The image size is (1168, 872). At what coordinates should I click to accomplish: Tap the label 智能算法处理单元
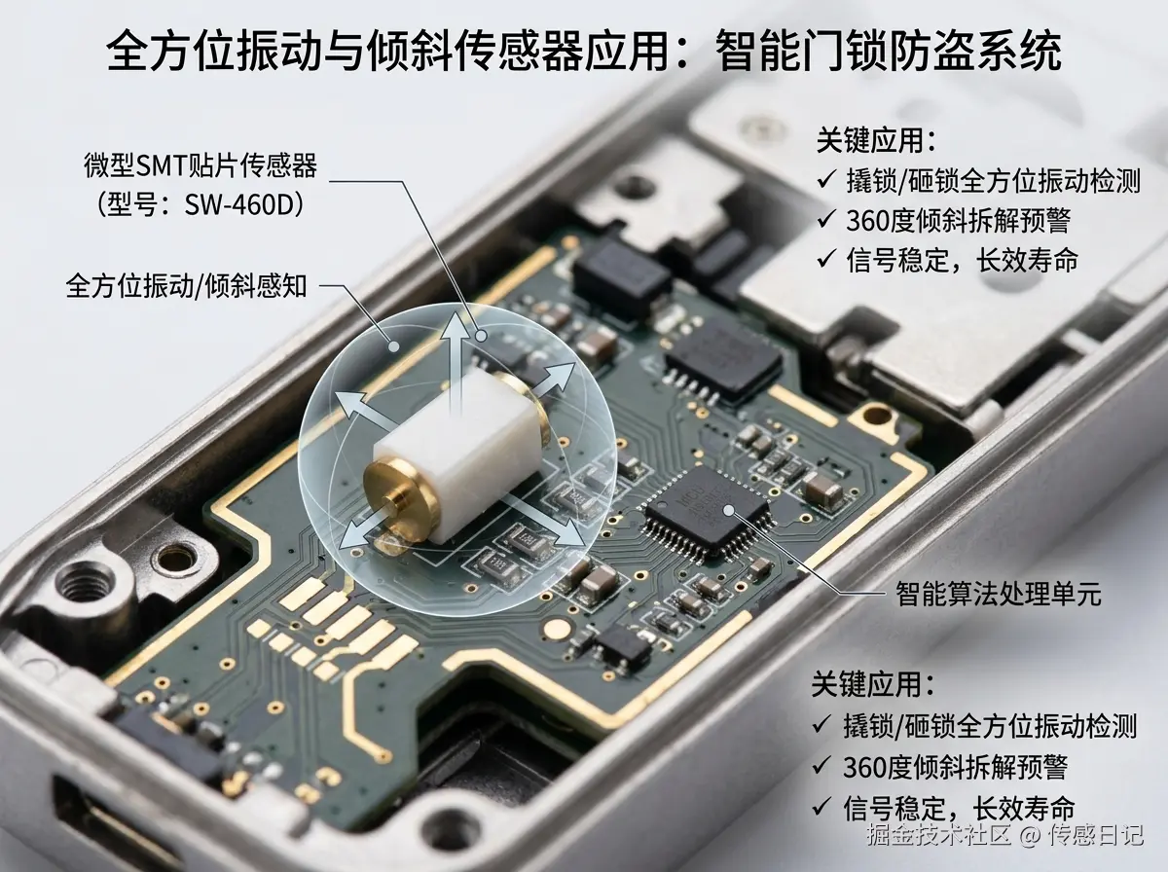point(999,594)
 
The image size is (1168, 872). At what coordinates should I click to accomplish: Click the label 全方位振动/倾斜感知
point(186,286)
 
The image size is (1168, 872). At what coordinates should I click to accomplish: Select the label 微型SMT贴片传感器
point(201,164)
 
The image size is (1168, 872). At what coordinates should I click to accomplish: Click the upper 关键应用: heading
point(876,140)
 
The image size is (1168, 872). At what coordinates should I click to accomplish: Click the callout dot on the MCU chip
point(729,510)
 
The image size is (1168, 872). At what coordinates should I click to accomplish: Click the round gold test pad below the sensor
point(556,628)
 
